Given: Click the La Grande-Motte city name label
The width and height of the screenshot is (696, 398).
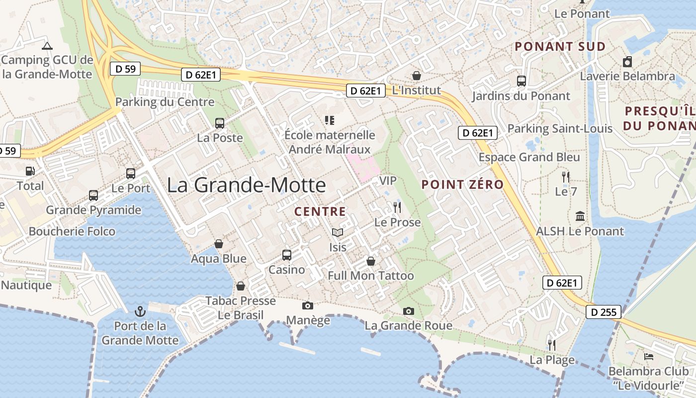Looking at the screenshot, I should (246, 185).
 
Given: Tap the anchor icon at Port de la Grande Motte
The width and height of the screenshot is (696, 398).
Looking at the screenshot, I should (140, 311).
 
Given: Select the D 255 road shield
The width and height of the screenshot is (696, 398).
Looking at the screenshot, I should (604, 312).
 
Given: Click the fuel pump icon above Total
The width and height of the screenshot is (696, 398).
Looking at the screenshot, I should (30, 171).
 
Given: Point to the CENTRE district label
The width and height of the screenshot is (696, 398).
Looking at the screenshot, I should (320, 211).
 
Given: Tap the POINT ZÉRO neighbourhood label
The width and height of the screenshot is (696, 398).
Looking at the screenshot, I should (462, 185).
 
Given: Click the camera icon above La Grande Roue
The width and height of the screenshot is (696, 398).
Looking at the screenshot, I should (409, 311).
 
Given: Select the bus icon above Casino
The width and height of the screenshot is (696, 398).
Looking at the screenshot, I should (287, 255).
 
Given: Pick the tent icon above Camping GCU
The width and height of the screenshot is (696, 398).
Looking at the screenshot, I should (47, 46).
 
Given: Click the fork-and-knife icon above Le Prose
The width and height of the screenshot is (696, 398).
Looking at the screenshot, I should (397, 207).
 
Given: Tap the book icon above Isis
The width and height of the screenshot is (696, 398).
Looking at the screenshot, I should (338, 232).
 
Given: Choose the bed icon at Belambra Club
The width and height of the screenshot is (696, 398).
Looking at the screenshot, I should (649, 357).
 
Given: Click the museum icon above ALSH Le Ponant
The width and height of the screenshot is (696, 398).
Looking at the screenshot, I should (580, 216).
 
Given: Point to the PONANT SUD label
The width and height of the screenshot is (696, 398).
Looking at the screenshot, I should (560, 47).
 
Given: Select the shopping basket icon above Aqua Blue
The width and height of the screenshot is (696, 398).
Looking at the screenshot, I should (219, 244).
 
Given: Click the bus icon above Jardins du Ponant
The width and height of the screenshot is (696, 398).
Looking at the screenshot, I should (521, 81).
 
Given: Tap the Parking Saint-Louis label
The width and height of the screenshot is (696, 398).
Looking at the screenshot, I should (560, 129).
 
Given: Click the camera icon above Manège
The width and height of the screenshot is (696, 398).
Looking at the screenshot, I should (308, 305).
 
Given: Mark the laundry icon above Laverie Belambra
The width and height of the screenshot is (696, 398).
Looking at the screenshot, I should (627, 62).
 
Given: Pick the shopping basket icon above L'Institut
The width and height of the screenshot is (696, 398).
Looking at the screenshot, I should (417, 76).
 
